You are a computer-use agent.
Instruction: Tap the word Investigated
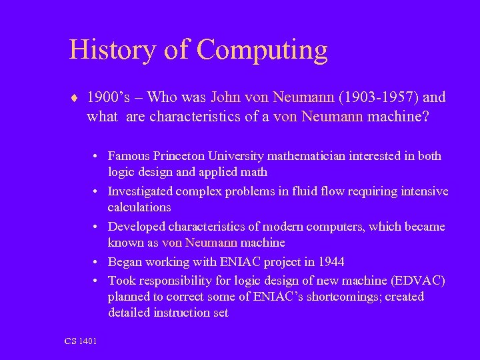point(140,191)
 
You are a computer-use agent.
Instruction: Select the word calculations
point(139,207)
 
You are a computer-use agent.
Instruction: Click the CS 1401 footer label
point(81,341)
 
